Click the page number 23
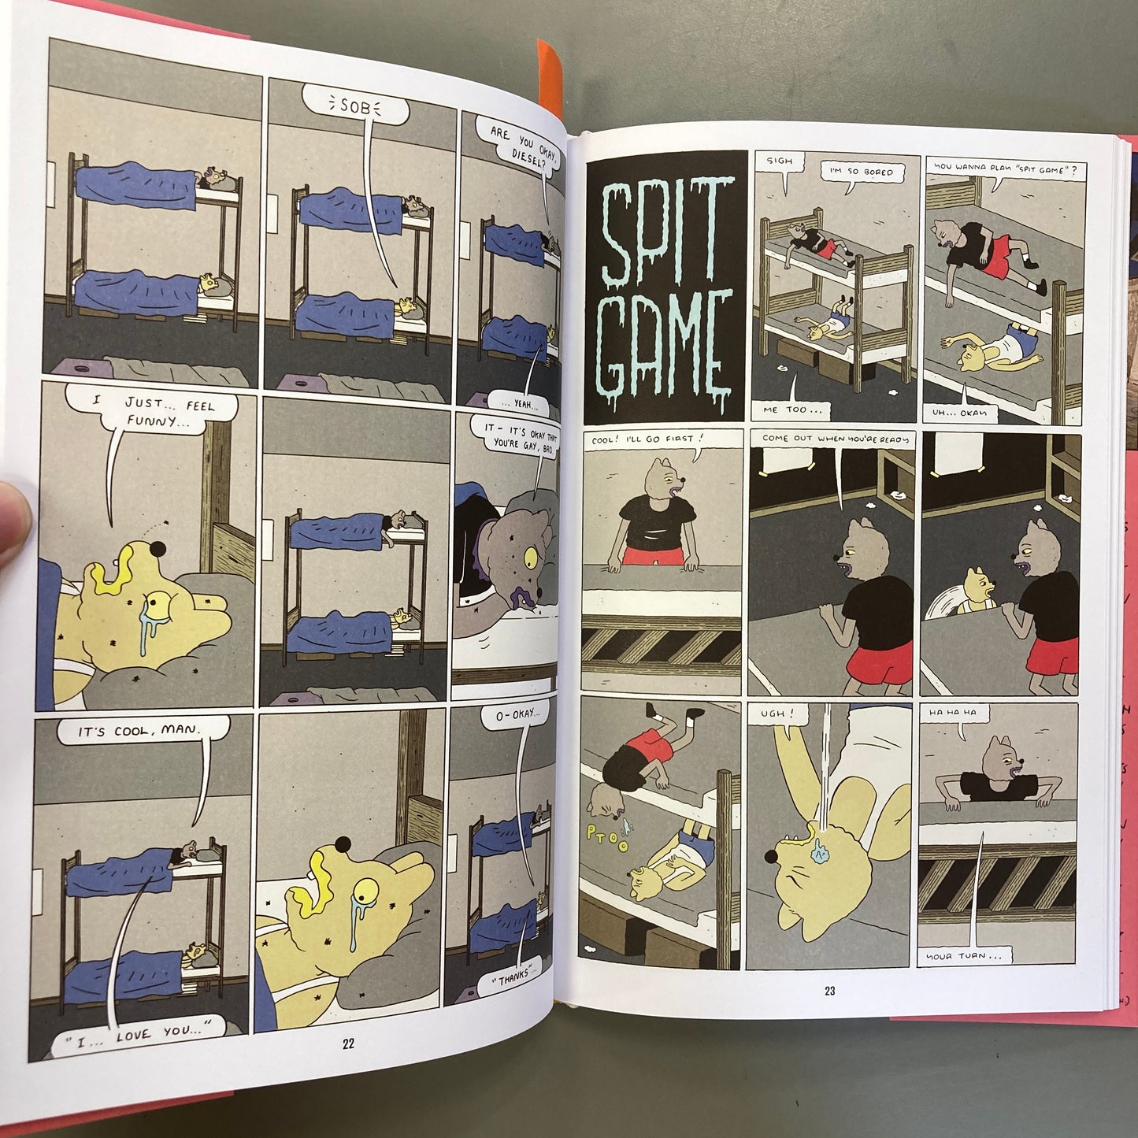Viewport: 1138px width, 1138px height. tap(830, 991)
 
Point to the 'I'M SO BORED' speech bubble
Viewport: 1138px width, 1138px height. tap(862, 172)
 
